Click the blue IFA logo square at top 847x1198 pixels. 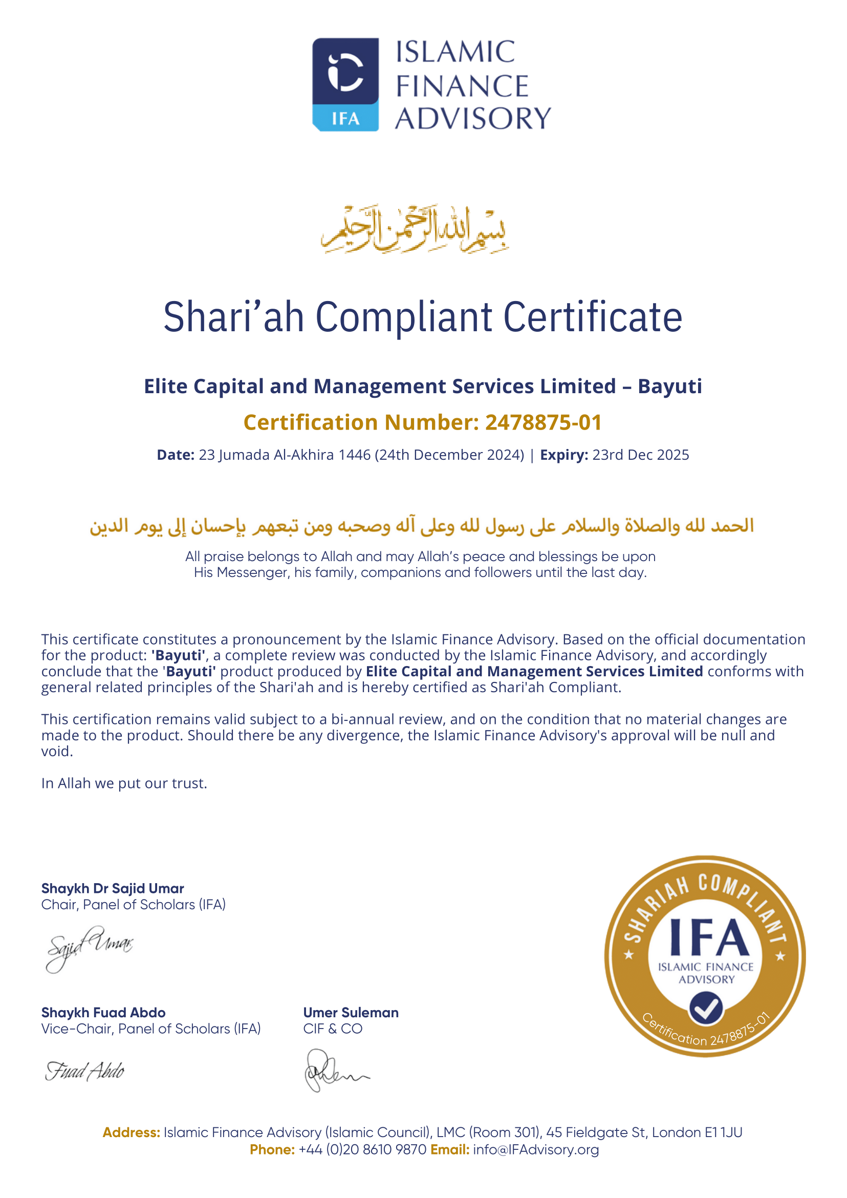coord(345,83)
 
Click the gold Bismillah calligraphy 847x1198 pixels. coord(415,229)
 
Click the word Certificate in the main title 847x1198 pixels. coord(593,317)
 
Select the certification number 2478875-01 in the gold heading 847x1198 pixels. coord(544,423)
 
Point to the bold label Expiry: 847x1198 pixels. coord(564,455)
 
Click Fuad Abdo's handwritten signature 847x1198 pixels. coord(84,1071)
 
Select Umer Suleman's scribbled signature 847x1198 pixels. coord(334,1071)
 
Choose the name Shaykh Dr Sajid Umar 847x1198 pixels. coord(113,889)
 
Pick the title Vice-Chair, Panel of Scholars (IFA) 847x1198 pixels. coord(151,1029)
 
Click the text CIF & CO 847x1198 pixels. coord(333,1029)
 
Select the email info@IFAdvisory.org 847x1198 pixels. coord(536,1149)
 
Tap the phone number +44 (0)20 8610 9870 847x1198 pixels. coord(362,1149)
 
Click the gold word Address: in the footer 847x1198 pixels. coord(131,1133)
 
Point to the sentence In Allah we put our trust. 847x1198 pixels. coord(124,783)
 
